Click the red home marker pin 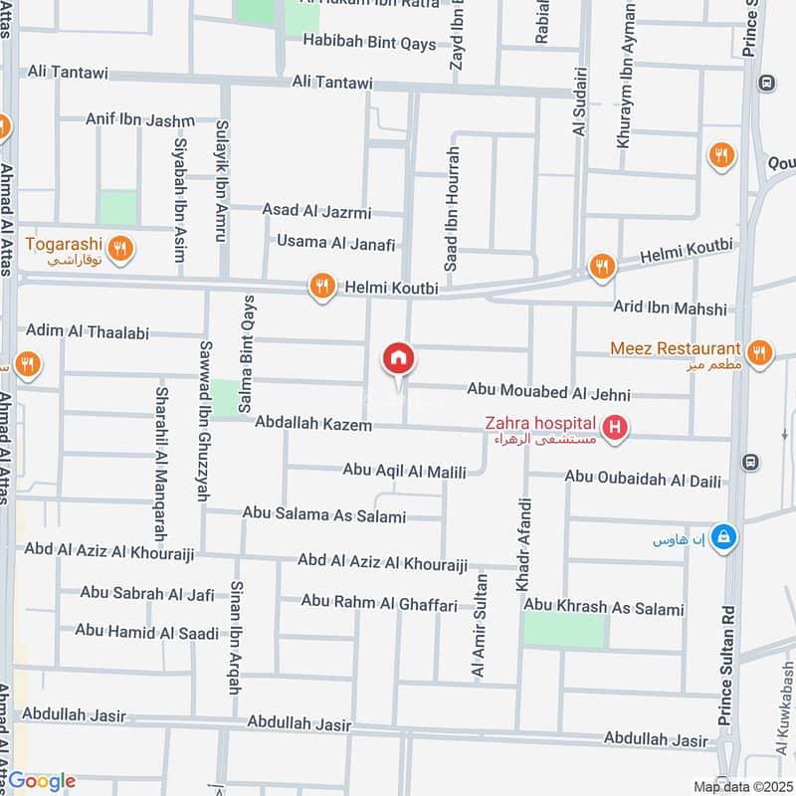click(x=398, y=359)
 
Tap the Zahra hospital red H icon click(x=617, y=429)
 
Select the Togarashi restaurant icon click(x=120, y=248)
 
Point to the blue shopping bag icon click(x=725, y=537)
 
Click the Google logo click(x=42, y=781)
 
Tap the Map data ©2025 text click(x=741, y=786)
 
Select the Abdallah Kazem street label click(x=312, y=425)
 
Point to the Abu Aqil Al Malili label click(x=404, y=471)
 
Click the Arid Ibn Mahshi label click(x=670, y=308)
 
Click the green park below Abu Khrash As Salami click(x=564, y=631)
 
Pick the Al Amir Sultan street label click(x=481, y=627)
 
